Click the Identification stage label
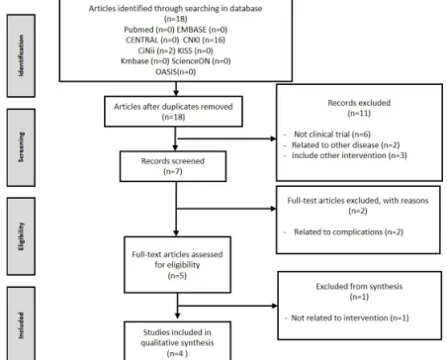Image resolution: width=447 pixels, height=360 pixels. pyautogui.click(x=21, y=55)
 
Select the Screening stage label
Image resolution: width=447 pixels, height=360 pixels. pyautogui.click(x=21, y=147)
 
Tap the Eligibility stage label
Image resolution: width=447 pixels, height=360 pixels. pyautogui.click(x=21, y=236)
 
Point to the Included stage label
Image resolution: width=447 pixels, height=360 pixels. pyautogui.click(x=21, y=324)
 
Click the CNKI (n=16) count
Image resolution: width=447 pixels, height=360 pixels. pyautogui.click(x=204, y=40)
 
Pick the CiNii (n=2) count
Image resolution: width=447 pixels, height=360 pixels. pyautogui.click(x=156, y=50)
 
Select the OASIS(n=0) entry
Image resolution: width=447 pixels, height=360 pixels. pyautogui.click(x=176, y=71)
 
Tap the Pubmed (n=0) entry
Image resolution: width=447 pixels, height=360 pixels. pyautogui.click(x=149, y=30)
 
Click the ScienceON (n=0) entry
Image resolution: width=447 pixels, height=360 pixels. pyautogui.click(x=201, y=61)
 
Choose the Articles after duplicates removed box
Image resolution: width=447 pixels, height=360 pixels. pyautogui.click(x=173, y=112)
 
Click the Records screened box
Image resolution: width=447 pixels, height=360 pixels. pyautogui.click(x=173, y=166)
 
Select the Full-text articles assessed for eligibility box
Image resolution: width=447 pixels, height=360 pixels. pyautogui.click(x=177, y=264)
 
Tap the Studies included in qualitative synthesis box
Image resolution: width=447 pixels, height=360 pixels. pyautogui.click(x=177, y=341)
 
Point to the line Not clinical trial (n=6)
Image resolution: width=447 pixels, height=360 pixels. pyautogui.click(x=332, y=135)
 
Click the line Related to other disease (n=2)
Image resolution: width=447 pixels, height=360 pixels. pyautogui.click(x=345, y=145)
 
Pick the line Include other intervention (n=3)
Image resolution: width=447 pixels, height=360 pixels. pyautogui.click(x=349, y=155)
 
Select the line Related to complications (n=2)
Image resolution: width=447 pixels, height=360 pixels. pyautogui.click(x=348, y=231)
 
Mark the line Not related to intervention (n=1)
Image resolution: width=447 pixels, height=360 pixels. pyautogui.click(x=350, y=317)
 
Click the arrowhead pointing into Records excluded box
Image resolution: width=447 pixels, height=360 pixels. pyautogui.click(x=273, y=138)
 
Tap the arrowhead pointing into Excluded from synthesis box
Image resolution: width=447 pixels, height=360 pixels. pyautogui.click(x=275, y=306)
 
